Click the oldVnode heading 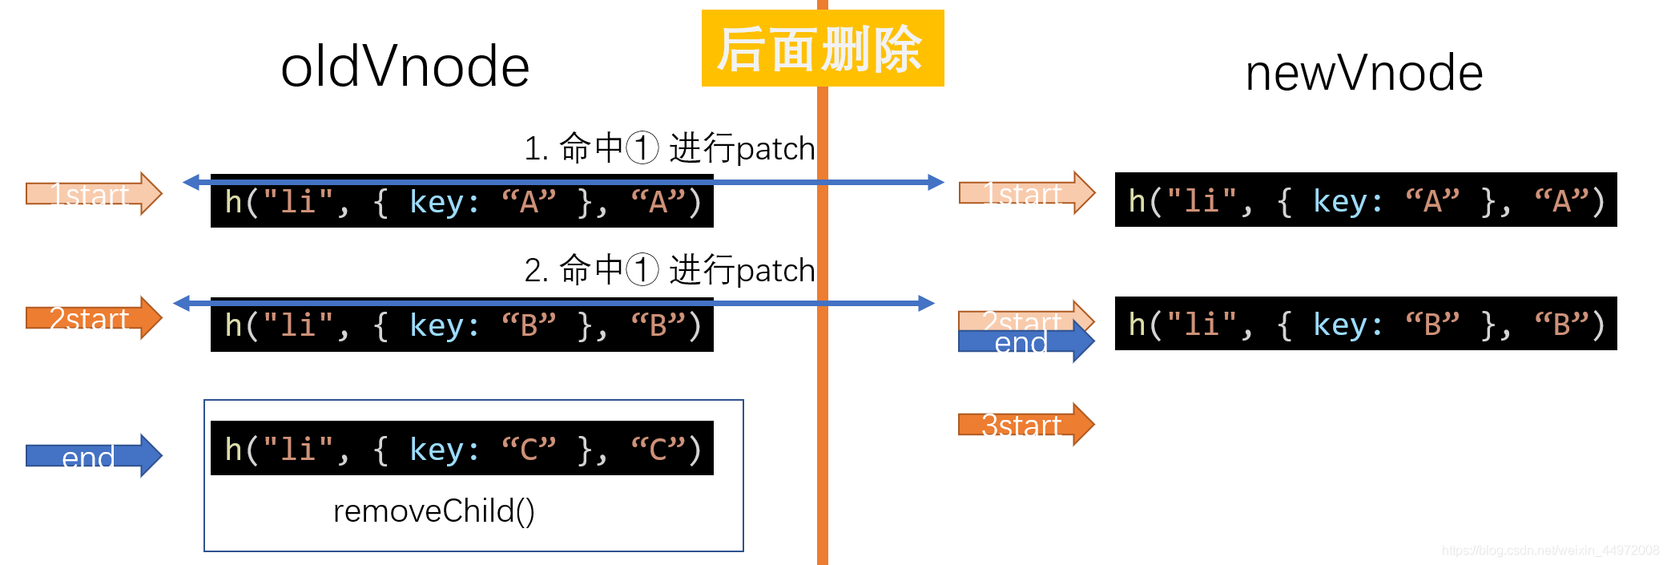pos(405,67)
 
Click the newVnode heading pos(1363,73)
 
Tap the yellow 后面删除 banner pos(822,48)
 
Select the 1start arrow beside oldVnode pos(93,194)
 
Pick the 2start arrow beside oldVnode pos(93,318)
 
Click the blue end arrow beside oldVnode pos(93,456)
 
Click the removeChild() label pos(433,511)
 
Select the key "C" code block pos(461,449)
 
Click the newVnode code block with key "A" pos(1365,200)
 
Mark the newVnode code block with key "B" pos(1365,324)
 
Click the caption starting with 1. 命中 pos(669,148)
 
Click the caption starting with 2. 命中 pos(669,270)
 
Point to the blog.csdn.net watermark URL pos(1549,551)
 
